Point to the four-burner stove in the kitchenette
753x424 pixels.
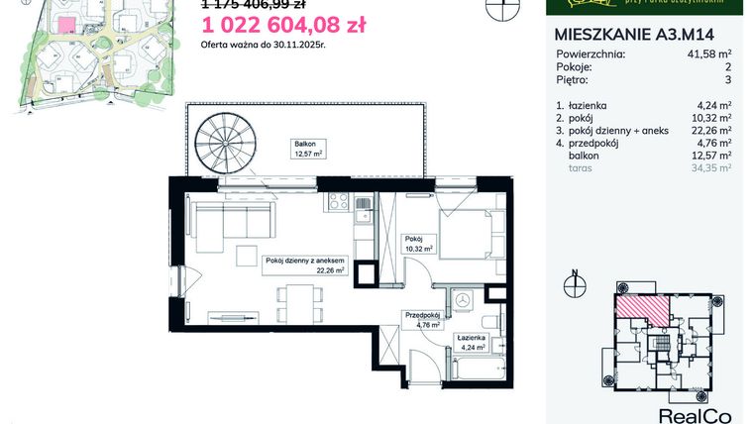click(x=363, y=204)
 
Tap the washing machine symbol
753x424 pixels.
click(x=463, y=298)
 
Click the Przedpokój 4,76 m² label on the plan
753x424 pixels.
click(x=422, y=318)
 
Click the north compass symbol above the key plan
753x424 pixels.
click(x=573, y=284)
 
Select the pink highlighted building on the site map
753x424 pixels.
click(x=64, y=25)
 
